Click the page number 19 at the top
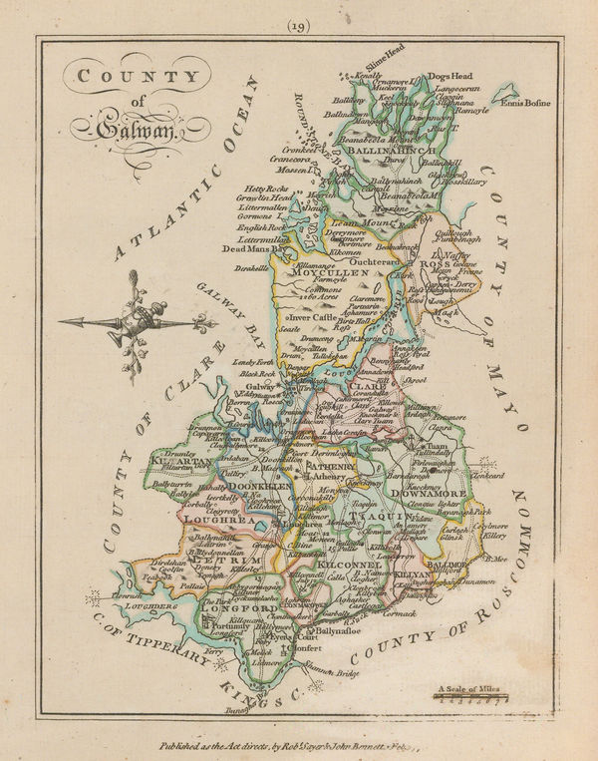click(300, 26)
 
